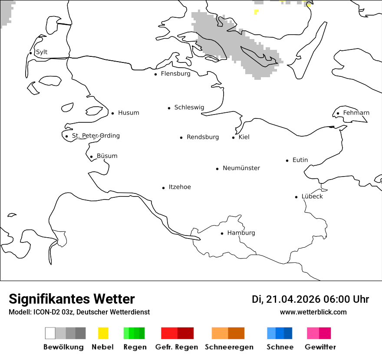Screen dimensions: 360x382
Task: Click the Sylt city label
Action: (x=42, y=52)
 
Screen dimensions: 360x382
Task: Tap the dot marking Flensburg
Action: (x=155, y=74)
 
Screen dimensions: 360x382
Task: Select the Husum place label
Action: (x=128, y=113)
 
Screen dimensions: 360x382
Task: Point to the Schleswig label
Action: (x=189, y=108)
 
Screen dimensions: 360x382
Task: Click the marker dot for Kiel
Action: (x=233, y=137)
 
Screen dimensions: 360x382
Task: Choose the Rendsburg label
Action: (x=203, y=137)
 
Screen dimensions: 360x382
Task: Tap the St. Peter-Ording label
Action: (x=95, y=136)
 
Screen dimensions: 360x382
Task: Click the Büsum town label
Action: (x=107, y=156)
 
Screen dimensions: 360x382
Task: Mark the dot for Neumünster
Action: (x=217, y=169)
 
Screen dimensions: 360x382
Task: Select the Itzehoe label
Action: (x=180, y=187)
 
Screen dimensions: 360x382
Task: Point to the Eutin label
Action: (x=300, y=160)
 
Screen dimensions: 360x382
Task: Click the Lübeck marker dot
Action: (x=296, y=197)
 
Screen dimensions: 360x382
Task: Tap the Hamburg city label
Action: (x=241, y=233)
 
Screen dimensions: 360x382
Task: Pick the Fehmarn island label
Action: (x=356, y=113)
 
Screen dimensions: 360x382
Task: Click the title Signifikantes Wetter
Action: (x=72, y=299)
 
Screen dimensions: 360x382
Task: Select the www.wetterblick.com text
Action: (x=313, y=312)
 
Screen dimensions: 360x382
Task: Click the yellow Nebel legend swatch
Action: (x=103, y=333)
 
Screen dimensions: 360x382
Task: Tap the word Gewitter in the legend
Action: (x=320, y=347)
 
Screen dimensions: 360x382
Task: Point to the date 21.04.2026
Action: (x=293, y=299)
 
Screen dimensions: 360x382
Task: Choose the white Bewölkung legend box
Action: (x=50, y=333)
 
